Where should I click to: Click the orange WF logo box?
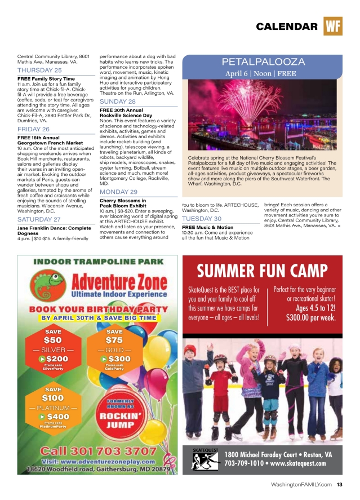(x=333, y=26)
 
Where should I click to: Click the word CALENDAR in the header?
(x=286, y=27)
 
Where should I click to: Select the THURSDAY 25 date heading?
(x=39, y=70)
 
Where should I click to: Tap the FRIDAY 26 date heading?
(x=34, y=129)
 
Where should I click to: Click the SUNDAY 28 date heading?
(x=118, y=101)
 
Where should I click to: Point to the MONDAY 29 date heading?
(x=118, y=192)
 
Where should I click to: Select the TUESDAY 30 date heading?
(x=201, y=218)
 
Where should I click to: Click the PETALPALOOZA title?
(x=263, y=62)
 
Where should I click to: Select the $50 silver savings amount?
(x=53, y=340)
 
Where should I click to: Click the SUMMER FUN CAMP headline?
(x=262, y=271)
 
